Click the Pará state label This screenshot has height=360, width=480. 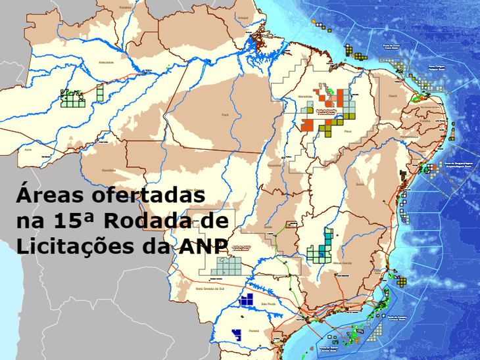(225, 114)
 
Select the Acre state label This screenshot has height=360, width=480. (28, 149)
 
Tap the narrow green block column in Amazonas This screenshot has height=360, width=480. (100, 93)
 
